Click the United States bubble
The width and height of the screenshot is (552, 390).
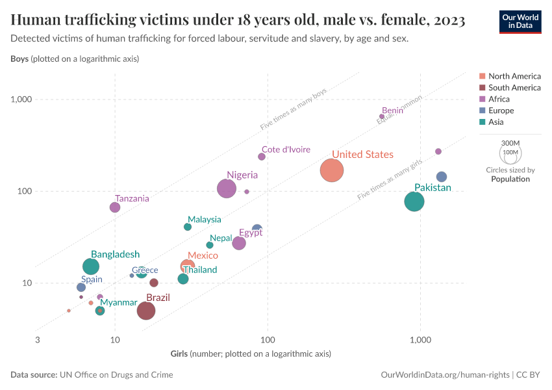(x=331, y=170)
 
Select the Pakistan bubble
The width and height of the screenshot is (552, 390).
(x=414, y=201)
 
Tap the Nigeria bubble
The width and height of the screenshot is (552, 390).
(x=227, y=188)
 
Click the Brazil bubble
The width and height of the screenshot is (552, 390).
(x=146, y=311)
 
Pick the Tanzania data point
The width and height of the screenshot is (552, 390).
(x=115, y=207)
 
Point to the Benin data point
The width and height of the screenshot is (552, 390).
(x=382, y=116)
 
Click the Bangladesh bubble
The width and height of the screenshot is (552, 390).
(x=92, y=266)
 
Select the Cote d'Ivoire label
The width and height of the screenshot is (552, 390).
(x=286, y=149)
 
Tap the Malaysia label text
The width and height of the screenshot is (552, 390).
(x=205, y=220)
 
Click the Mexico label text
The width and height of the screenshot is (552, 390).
(x=203, y=256)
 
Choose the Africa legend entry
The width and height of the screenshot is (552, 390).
(x=499, y=99)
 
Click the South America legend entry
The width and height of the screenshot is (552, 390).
(x=514, y=87)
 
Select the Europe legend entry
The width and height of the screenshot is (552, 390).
(x=501, y=110)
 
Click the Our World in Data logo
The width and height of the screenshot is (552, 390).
(x=520, y=21)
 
